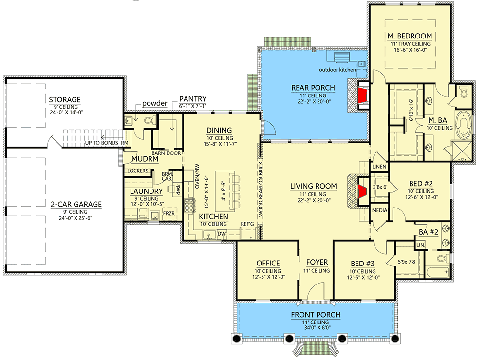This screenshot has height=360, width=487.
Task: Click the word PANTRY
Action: (x=192, y=98)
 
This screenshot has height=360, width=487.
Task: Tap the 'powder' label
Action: (x=155, y=104)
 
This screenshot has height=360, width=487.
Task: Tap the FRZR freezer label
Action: (x=169, y=213)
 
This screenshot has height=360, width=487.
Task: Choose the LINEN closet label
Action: (x=379, y=167)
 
